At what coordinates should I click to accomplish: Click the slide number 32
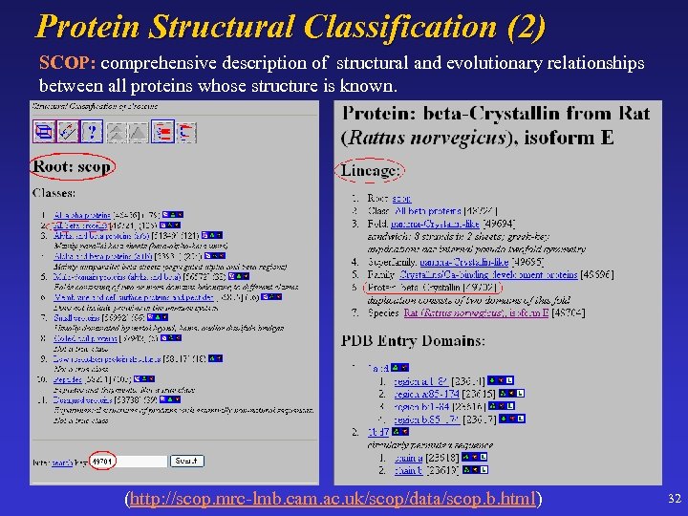674,499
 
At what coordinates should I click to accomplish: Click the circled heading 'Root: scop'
72,166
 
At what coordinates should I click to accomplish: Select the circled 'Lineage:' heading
369,171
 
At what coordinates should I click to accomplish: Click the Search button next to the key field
186,461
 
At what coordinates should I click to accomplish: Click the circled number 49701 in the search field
103,462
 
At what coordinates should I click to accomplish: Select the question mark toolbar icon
93,131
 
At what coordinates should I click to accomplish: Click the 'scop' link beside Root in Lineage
401,199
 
